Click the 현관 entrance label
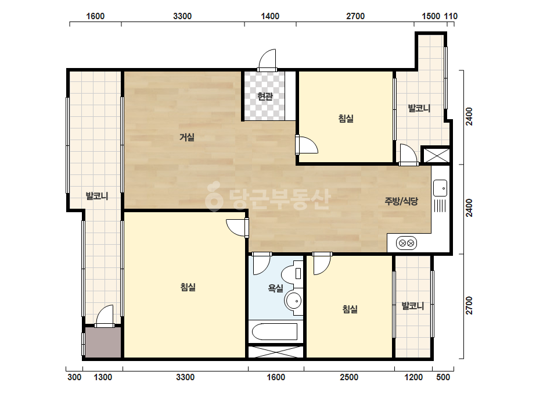tap(265, 97)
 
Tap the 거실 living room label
tap(187, 137)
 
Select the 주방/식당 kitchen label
tap(401, 201)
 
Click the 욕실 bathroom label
tap(275, 288)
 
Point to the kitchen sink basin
tap(440, 188)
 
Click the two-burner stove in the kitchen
tap(407, 243)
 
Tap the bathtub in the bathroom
tap(275, 331)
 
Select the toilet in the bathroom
tap(292, 273)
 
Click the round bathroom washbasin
tap(293, 301)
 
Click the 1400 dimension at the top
tap(270, 16)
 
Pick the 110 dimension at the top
tap(451, 16)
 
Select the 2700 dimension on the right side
tap(469, 305)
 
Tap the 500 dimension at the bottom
tap(443, 377)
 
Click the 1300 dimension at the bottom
tap(103, 377)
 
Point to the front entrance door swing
tap(267, 60)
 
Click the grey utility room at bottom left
tap(103, 342)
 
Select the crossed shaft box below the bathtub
tap(275, 352)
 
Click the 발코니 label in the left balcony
tap(97, 196)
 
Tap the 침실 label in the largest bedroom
tap(188, 287)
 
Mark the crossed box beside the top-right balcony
tap(437, 155)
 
